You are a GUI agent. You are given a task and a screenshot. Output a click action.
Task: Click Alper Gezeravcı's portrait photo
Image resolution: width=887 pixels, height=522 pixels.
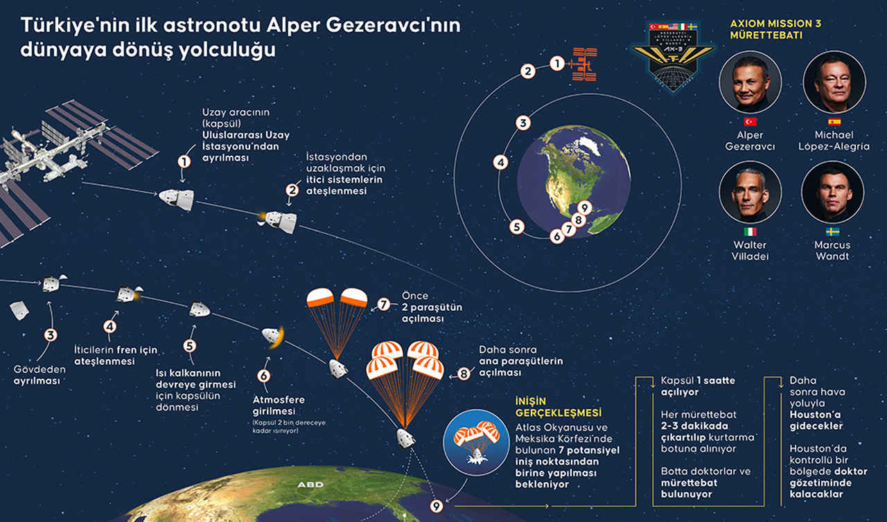(x=750, y=82)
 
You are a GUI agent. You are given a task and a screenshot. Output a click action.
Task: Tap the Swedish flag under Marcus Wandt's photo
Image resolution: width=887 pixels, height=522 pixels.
(x=832, y=232)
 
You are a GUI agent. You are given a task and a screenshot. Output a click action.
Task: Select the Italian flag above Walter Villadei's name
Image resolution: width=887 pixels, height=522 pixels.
(x=750, y=232)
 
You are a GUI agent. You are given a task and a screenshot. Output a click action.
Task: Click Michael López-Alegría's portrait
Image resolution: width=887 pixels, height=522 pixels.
(x=834, y=82)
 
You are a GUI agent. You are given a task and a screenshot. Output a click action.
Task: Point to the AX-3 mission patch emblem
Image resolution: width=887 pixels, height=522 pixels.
(x=673, y=56)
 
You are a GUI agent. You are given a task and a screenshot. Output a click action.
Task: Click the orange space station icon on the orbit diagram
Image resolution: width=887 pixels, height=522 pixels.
(x=583, y=64)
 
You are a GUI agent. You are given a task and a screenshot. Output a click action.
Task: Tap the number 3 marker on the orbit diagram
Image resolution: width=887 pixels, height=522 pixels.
(x=523, y=123)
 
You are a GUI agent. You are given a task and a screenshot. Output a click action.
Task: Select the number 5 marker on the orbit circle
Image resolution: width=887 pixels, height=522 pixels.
(x=517, y=227)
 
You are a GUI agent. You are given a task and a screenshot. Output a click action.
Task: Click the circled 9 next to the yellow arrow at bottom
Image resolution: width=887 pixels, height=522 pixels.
(x=437, y=506)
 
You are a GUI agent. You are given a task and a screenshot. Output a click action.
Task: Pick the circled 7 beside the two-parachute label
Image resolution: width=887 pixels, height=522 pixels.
(x=383, y=305)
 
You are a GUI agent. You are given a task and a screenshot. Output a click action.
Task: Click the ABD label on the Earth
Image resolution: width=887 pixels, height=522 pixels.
(x=310, y=485)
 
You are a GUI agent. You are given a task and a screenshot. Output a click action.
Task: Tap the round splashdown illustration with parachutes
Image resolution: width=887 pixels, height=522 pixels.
(x=476, y=442)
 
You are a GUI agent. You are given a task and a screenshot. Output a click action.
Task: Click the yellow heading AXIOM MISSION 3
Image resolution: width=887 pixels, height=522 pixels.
(x=775, y=24)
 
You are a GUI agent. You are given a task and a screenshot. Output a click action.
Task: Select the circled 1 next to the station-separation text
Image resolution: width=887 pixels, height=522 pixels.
(x=184, y=161)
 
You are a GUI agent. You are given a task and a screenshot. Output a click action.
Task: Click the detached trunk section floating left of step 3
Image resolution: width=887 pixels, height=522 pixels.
(x=19, y=310)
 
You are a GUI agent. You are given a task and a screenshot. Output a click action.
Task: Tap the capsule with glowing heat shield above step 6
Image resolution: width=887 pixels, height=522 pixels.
(x=273, y=336)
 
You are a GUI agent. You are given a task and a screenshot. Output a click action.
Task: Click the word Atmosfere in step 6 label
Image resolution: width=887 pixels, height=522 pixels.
(x=279, y=399)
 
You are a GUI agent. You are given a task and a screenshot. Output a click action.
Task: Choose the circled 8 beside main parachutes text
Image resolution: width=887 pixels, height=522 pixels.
(x=464, y=373)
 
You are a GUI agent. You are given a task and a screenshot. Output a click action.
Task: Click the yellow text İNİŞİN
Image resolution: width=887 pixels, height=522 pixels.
(x=531, y=402)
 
